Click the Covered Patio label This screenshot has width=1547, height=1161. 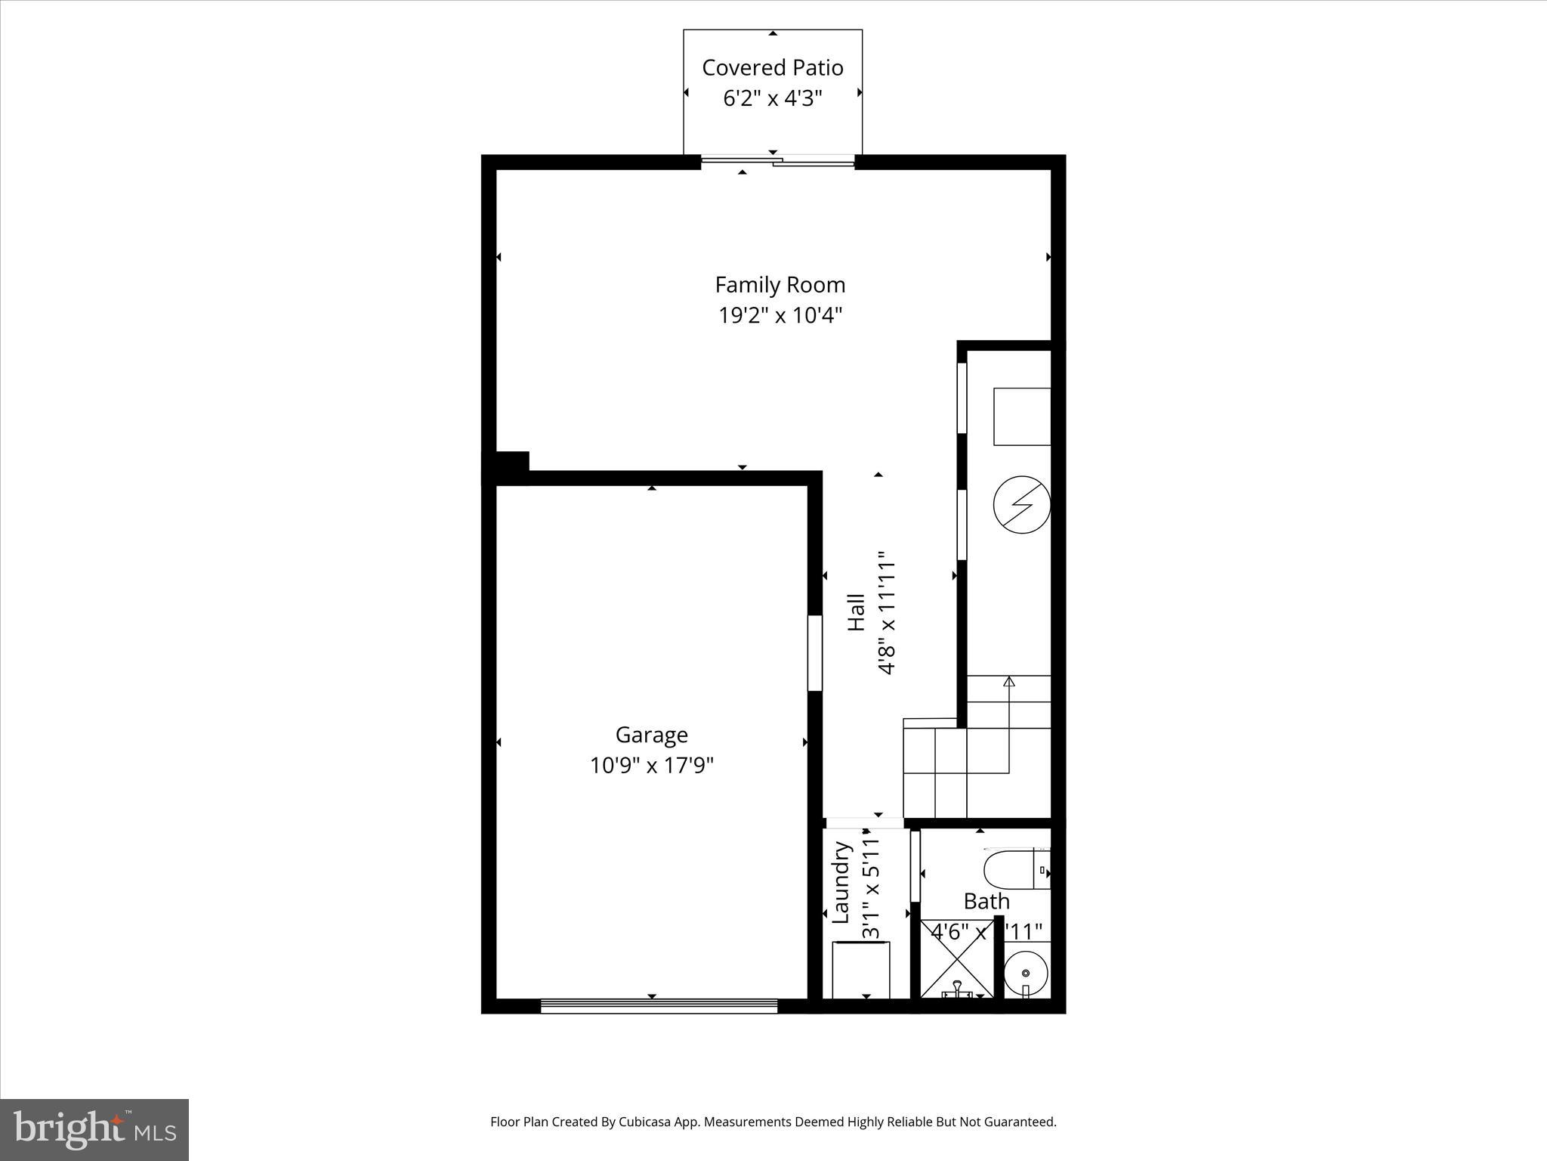pyautogui.click(x=772, y=68)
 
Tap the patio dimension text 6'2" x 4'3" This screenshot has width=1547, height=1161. pyautogui.click(x=772, y=98)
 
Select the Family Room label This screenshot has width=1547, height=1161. pyautogui.click(x=780, y=285)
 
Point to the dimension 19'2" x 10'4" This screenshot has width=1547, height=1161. pyautogui.click(x=780, y=314)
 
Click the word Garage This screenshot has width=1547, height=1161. pyautogui.click(x=651, y=735)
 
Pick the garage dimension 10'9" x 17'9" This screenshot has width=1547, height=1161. pyautogui.click(x=651, y=766)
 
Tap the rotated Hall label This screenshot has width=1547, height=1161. pyautogui.click(x=857, y=612)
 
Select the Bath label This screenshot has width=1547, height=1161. pyautogui.click(x=986, y=901)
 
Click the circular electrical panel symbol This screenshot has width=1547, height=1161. pyautogui.click(x=1021, y=504)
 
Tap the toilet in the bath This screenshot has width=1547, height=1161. pyautogui.click(x=1016, y=870)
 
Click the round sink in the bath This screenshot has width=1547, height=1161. pyautogui.click(x=1026, y=974)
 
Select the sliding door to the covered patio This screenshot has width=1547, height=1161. pyautogui.click(x=777, y=160)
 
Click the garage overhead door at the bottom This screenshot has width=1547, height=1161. pyautogui.click(x=659, y=1005)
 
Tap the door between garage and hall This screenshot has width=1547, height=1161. pyautogui.click(x=814, y=653)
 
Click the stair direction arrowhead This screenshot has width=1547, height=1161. pyautogui.click(x=1008, y=682)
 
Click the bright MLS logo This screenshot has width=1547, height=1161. pyautogui.click(x=94, y=1129)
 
